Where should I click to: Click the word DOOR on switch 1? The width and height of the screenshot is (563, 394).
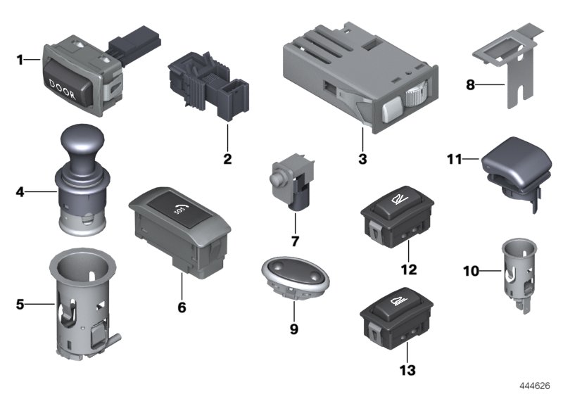coord(65,82)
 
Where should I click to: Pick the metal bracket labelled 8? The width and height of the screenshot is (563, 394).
coord(508,67)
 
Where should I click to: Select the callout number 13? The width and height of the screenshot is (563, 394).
coord(408,369)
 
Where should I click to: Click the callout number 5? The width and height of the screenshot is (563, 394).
coord(20,305)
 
